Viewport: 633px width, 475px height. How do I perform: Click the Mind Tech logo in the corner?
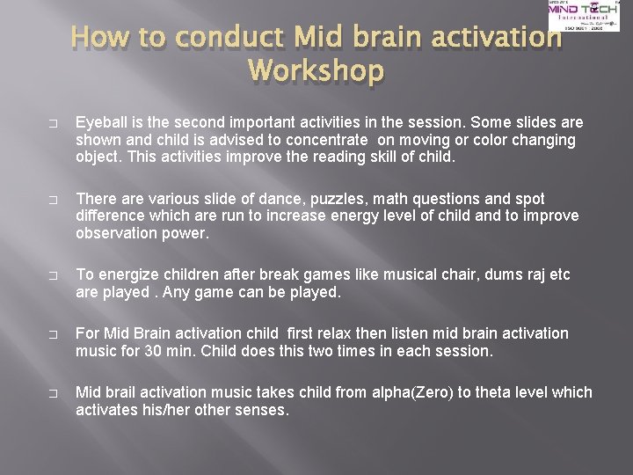(x=582, y=16)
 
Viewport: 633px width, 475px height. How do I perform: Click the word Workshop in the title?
(x=316, y=69)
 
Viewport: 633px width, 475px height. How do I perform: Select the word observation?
(x=117, y=234)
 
